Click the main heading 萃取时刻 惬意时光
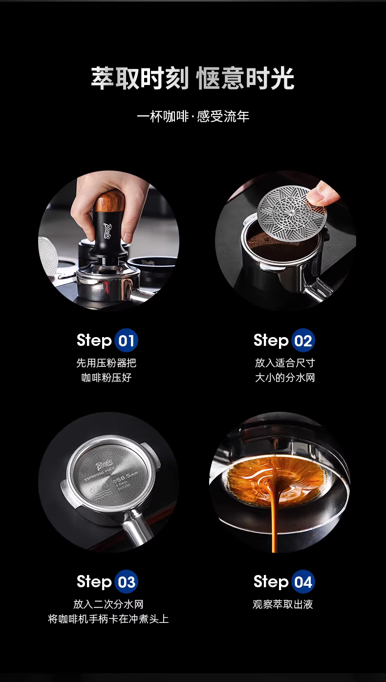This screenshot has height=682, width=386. (x=193, y=78)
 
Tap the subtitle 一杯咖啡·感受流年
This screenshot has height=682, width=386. (x=193, y=117)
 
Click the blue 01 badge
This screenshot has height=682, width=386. (x=127, y=341)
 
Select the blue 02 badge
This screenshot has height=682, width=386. (x=303, y=341)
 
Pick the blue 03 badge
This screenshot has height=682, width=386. (x=127, y=582)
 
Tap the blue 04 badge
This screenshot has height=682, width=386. (x=303, y=582)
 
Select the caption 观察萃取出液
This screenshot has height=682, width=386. (x=283, y=604)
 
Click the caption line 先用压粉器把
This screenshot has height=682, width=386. (x=106, y=363)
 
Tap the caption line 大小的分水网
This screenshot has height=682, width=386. (x=285, y=378)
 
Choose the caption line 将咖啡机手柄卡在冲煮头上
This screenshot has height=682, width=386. (x=108, y=619)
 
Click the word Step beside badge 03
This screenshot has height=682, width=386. (x=94, y=582)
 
